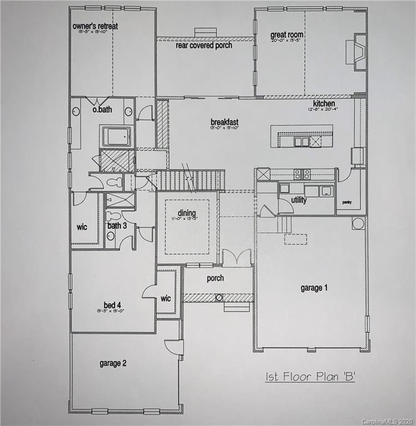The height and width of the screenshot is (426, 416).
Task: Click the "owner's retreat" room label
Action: point(95,26)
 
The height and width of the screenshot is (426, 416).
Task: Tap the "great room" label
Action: point(287,34)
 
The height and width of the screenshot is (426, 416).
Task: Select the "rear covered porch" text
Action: point(204,45)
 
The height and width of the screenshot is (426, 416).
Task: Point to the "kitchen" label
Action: point(324,104)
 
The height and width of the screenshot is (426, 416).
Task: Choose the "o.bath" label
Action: point(102,110)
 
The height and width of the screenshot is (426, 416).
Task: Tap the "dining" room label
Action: point(187,212)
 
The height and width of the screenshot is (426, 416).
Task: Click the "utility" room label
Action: point(298,200)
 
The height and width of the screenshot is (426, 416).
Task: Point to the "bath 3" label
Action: point(117,226)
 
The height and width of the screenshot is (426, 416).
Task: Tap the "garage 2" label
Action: point(113,363)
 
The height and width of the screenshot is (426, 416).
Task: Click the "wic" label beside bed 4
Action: point(166,298)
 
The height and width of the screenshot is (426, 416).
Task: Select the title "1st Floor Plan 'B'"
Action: point(310,377)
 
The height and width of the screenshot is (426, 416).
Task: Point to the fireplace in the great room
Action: point(359,51)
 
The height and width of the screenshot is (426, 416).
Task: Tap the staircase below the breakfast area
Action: point(191,180)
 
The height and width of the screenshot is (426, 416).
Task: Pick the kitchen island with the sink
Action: point(301,136)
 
